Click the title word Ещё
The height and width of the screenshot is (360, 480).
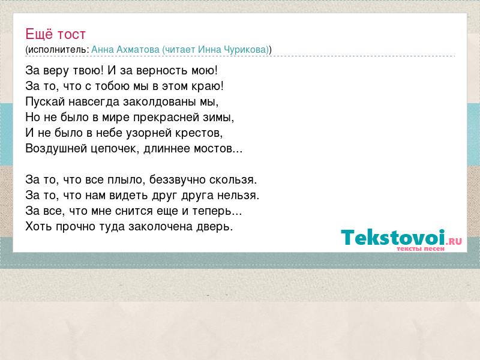pyautogui.click(x=39, y=34)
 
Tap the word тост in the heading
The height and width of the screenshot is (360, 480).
pyautogui.click(x=71, y=35)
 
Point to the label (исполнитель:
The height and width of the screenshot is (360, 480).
pyautogui.click(x=57, y=50)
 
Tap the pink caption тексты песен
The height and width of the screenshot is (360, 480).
pyautogui.click(x=421, y=249)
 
